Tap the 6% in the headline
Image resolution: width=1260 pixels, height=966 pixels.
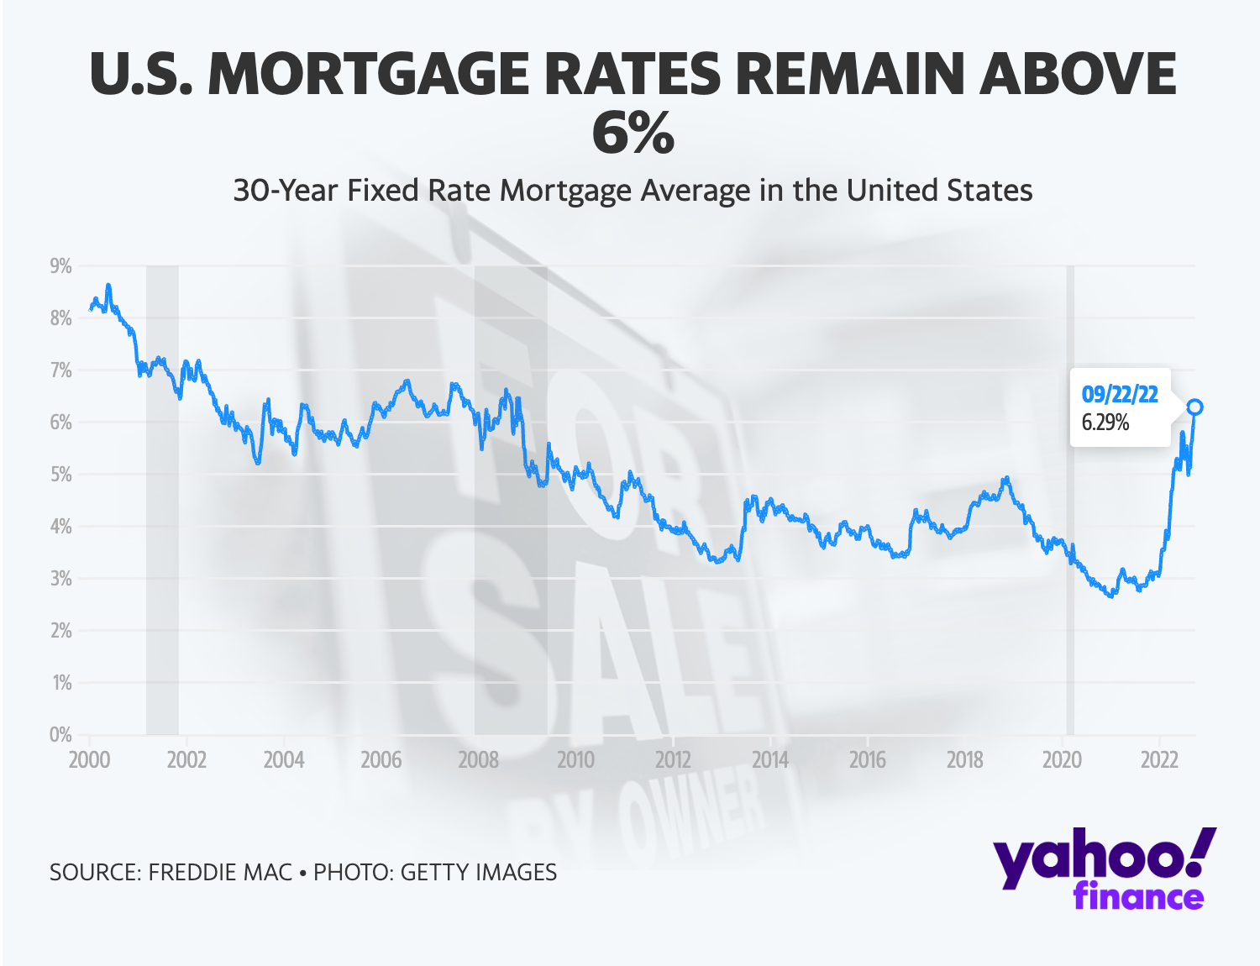click(633, 133)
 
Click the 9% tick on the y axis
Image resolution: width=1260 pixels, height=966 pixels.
click(60, 266)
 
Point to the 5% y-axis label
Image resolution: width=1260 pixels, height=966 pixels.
click(60, 475)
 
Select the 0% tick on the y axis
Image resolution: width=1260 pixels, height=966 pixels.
click(60, 735)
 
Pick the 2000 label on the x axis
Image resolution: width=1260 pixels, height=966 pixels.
click(89, 760)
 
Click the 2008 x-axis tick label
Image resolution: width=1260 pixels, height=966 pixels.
click(478, 760)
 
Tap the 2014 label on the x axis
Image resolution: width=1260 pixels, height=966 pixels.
click(769, 760)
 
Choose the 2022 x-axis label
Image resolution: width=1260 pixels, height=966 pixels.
click(1159, 760)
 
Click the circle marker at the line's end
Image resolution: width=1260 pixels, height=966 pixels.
click(1194, 407)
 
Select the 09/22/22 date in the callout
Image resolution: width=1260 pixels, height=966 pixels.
click(1119, 395)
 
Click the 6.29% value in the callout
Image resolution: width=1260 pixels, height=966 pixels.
click(1105, 423)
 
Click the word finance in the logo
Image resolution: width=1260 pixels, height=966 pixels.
click(1138, 896)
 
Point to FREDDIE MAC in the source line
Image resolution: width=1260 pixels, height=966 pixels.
click(220, 873)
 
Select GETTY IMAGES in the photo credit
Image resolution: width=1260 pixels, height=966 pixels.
click(478, 873)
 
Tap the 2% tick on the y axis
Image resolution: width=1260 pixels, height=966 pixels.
click(60, 631)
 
